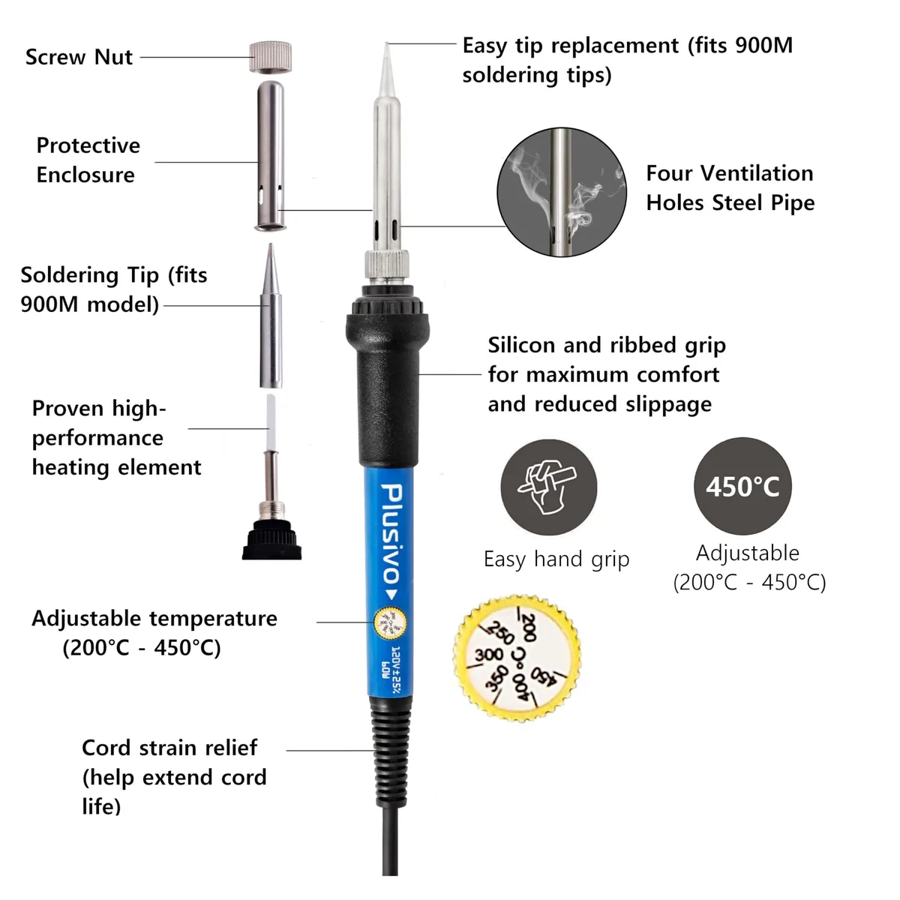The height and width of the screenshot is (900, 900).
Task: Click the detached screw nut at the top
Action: pos(271,57)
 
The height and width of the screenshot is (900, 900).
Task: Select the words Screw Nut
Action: pos(79,57)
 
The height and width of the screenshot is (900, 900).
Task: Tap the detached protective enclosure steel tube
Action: pos(271,155)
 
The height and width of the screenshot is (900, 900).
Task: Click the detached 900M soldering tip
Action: pos(271,316)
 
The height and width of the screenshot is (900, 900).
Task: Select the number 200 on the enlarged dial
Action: pos(530,627)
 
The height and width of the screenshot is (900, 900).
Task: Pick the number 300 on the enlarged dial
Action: pos(489,654)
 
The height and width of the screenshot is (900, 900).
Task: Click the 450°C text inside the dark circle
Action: pos(742,487)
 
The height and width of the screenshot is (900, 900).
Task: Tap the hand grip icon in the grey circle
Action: pos(547,487)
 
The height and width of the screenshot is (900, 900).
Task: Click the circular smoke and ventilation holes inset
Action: pos(562,192)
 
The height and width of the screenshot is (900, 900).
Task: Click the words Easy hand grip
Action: pos(556,559)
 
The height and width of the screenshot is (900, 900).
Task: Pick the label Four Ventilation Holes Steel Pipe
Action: pos(730,187)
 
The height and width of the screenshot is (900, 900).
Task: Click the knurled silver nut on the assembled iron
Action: pos(387,266)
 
